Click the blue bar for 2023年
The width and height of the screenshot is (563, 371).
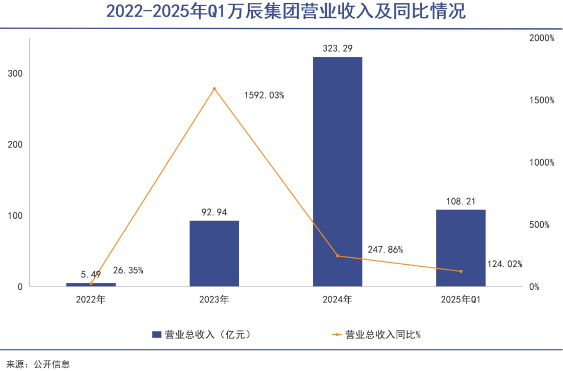pos(214,253)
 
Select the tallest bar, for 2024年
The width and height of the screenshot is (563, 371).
pos(337,172)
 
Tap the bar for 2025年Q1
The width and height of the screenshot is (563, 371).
pos(461,248)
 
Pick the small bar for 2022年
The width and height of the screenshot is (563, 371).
pos(91,285)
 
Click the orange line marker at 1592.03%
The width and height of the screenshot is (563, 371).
pos(214,89)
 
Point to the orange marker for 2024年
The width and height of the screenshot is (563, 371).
pos(337,256)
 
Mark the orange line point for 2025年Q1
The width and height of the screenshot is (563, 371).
pos(461,271)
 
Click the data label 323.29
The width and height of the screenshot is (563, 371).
pos(337,48)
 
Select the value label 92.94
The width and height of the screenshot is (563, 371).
pos(214,212)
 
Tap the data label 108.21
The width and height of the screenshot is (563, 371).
pos(461,201)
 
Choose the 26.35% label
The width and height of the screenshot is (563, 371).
pos(128,270)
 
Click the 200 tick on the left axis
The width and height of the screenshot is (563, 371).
pos(16,144)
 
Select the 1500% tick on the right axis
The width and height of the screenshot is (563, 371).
pos(542,100)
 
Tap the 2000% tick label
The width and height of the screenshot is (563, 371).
pos(542,38)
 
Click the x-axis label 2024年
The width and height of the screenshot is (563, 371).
pos(337,300)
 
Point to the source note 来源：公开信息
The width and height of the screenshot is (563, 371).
pos(38,364)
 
